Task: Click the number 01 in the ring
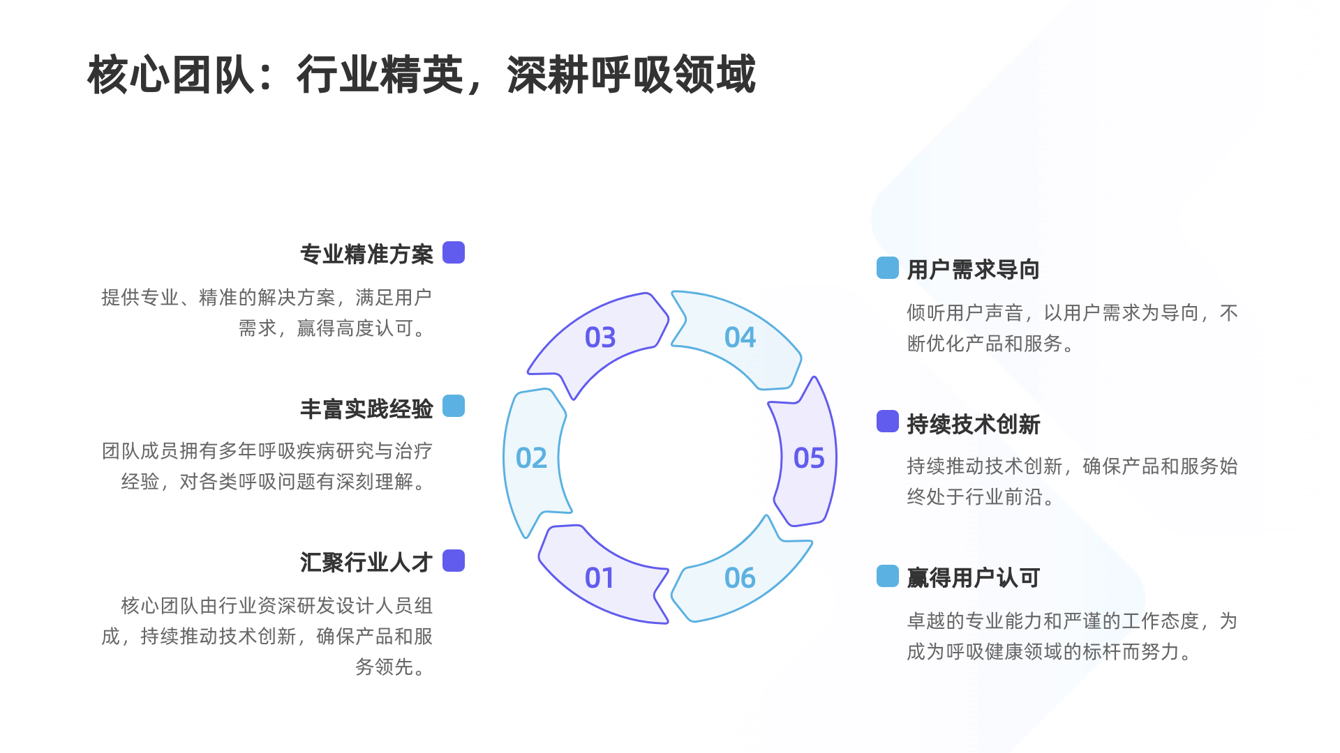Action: pyautogui.click(x=600, y=578)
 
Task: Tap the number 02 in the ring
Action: pyautogui.click(x=531, y=458)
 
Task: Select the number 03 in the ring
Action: pyautogui.click(x=600, y=337)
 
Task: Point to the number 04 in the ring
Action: pyautogui.click(x=740, y=337)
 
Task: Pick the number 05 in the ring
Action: pyautogui.click(x=809, y=458)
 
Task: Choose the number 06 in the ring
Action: pyautogui.click(x=740, y=578)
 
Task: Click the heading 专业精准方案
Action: pyautogui.click(x=366, y=254)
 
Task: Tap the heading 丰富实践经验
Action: pyautogui.click(x=366, y=409)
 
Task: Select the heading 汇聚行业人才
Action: pyautogui.click(x=366, y=562)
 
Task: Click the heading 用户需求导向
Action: pyautogui.click(x=973, y=269)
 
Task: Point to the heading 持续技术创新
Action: pyautogui.click(x=973, y=424)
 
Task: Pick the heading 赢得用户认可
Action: pyautogui.click(x=973, y=577)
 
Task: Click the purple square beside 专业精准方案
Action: pyautogui.click(x=454, y=252)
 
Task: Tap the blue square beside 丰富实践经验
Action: pyautogui.click(x=454, y=406)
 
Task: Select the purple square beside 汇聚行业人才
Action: pyautogui.click(x=454, y=561)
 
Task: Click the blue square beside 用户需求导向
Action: pyautogui.click(x=888, y=268)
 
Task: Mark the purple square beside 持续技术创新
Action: pyautogui.click(x=888, y=421)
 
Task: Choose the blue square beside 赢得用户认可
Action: pyautogui.click(x=888, y=576)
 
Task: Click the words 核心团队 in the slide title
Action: pyautogui.click(x=171, y=75)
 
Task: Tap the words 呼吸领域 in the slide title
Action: pyautogui.click(x=673, y=75)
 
